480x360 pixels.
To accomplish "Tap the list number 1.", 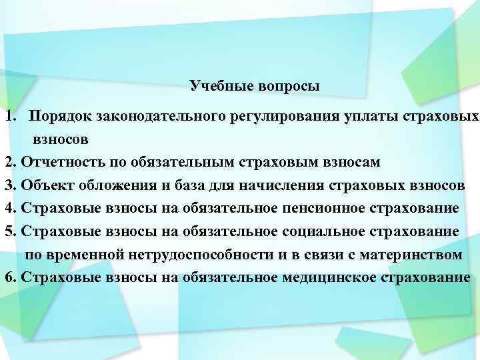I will (9, 117).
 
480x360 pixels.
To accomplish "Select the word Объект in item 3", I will (46, 185).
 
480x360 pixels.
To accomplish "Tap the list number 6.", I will (8, 277).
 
